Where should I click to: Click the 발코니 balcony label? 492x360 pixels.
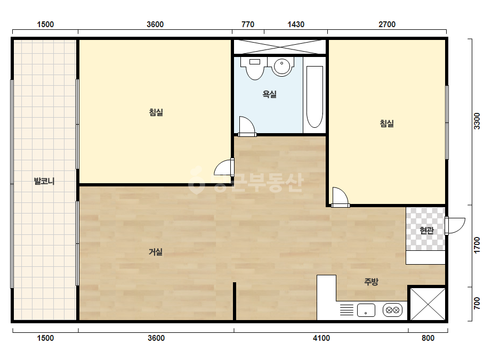44,181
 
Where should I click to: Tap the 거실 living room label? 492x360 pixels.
156,251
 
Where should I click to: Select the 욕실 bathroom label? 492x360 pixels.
270,94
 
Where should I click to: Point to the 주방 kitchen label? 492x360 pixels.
371,281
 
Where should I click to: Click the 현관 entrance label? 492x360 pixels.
427,230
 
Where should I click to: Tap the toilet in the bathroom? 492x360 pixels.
255,68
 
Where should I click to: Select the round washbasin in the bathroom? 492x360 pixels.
282,66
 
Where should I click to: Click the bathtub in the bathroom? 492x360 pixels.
314,97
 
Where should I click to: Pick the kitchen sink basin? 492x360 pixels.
366,310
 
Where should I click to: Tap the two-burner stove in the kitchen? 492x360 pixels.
392,310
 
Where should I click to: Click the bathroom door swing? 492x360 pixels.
247,126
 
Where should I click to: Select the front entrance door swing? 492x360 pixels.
455,226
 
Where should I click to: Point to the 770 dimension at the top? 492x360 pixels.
248,24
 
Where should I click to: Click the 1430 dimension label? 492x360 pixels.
296,24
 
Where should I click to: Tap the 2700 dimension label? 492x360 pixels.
387,24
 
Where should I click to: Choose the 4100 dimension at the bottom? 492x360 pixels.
321,338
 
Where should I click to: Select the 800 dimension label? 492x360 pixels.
428,338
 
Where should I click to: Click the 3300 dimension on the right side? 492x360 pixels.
477,121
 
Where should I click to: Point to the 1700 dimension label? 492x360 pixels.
477,245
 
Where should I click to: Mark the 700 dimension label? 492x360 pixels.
477,303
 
